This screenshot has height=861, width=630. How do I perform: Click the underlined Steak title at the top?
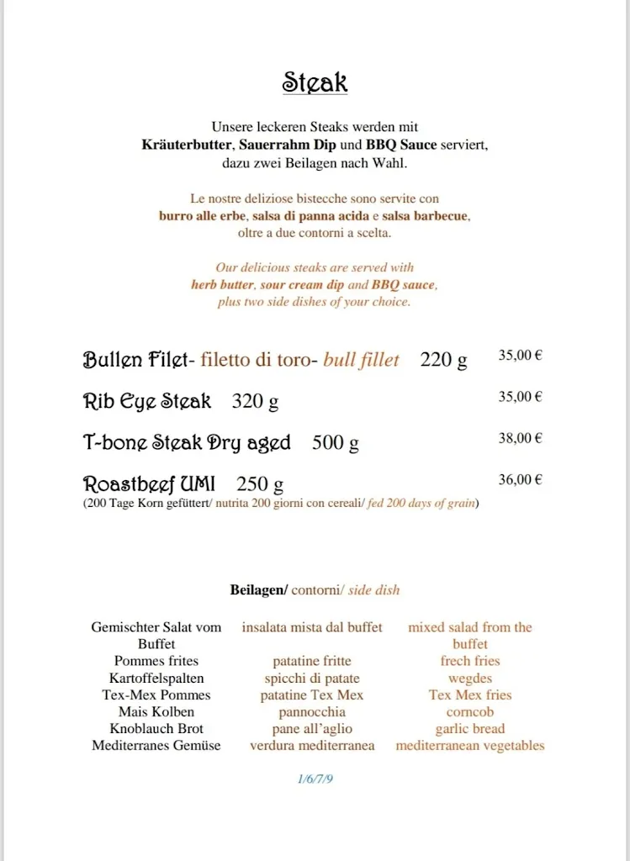[315, 82]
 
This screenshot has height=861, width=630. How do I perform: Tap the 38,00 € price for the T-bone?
[520, 438]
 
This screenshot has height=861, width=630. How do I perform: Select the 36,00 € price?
[520, 480]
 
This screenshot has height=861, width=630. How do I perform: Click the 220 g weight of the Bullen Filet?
[443, 361]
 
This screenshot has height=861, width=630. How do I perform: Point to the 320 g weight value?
[255, 402]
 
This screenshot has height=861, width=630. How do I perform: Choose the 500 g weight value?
[335, 443]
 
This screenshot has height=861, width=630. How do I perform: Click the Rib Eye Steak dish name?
[147, 402]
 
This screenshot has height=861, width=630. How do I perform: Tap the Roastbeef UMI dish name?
[149, 484]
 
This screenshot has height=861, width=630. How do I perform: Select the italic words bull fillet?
[361, 361]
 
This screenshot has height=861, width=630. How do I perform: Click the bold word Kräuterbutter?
[188, 145]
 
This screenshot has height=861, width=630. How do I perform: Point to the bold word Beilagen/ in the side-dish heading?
[258, 590]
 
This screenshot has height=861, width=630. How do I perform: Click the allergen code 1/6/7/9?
[315, 779]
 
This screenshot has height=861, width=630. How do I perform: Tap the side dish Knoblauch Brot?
[156, 729]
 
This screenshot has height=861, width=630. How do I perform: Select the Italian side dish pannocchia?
[312, 712]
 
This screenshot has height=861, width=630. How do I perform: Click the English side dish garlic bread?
[470, 729]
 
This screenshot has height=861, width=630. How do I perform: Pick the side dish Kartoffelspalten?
[156, 679]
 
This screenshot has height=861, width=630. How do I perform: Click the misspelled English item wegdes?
[470, 679]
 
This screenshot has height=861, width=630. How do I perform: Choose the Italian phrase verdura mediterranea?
[312, 746]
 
